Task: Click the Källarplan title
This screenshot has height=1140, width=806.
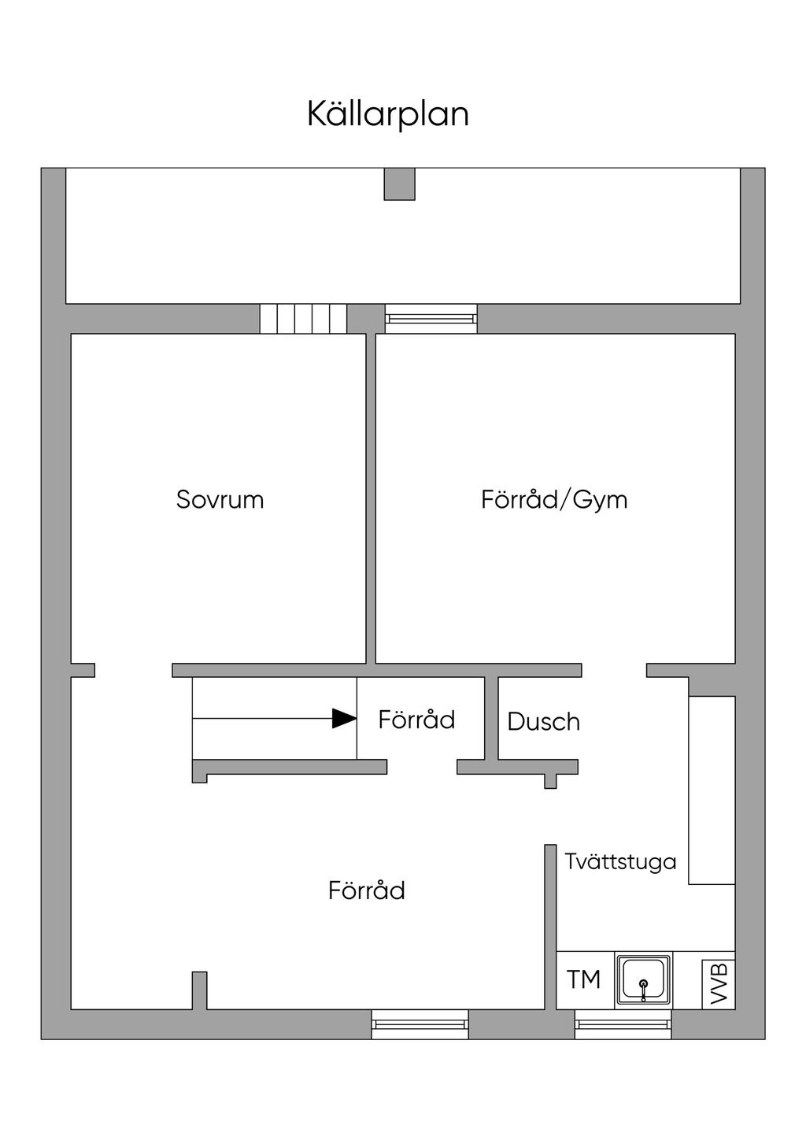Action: [388, 114]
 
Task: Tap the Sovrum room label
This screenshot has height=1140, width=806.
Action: [220, 499]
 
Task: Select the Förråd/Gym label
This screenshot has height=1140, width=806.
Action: [554, 500]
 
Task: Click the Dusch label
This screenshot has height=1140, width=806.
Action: [543, 722]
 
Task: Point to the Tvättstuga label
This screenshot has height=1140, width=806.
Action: [620, 861]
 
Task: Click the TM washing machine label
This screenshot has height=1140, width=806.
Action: [583, 979]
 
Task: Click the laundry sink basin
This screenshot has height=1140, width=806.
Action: [644, 979]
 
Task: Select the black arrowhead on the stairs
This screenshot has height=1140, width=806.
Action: [345, 718]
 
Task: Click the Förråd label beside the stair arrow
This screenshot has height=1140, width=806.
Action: [416, 720]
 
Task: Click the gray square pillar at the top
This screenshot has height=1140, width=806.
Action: [399, 183]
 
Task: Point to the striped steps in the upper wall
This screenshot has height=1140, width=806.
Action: [303, 319]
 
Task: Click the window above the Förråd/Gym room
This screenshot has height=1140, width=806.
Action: [431, 319]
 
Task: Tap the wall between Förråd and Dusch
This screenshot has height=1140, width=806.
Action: [491, 718]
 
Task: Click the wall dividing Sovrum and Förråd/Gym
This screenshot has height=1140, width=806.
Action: [371, 499]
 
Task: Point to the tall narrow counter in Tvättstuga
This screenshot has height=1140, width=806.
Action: [712, 790]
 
